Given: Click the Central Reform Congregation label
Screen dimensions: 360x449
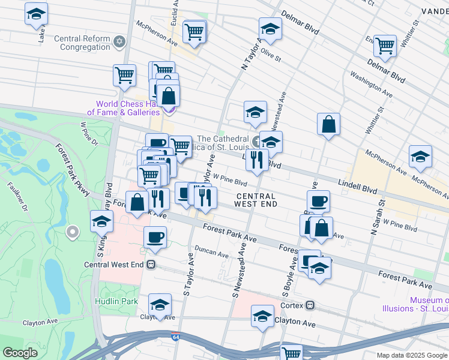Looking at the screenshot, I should [82, 43].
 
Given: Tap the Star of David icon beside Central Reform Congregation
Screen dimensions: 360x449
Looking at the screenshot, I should [119, 41].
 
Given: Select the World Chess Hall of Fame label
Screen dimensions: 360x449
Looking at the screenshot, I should [124, 107].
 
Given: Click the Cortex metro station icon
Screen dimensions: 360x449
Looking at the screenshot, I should [310, 305].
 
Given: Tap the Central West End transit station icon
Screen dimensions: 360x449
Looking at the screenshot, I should [151, 264].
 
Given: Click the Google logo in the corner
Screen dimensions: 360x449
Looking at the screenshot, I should [20, 353].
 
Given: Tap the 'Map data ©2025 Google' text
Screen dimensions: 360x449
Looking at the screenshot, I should [411, 355].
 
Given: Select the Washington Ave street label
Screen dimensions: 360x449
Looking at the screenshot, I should [371, 85].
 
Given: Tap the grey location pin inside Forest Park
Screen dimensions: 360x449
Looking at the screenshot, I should [73, 231].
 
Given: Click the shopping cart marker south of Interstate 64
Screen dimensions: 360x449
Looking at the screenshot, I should [291, 353].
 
